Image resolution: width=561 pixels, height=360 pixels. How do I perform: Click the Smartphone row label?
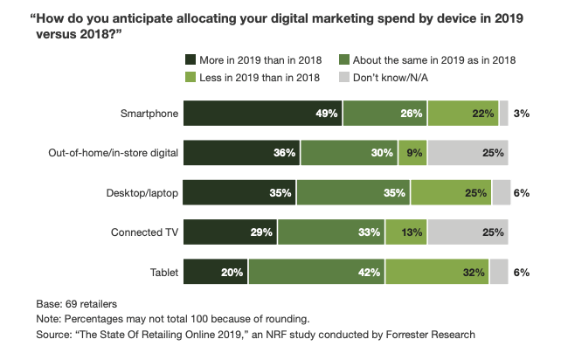pos(149,114)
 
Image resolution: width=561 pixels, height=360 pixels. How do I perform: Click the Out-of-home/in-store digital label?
pos(114,153)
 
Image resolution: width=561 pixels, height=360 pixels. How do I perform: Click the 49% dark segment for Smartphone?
pos(262,114)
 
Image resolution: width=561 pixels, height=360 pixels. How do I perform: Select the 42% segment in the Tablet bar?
pos(315,273)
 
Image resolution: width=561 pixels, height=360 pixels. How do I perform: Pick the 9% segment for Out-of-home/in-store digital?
pos(413,153)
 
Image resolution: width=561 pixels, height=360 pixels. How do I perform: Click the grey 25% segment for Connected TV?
pos(468,233)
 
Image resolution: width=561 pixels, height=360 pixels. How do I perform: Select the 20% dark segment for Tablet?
pos(215,273)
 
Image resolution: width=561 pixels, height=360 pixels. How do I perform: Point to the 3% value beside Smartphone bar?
pos(523,114)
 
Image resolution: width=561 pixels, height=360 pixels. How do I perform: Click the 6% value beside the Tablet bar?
pos(523,273)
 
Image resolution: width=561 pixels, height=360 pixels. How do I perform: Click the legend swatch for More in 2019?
pos(190,59)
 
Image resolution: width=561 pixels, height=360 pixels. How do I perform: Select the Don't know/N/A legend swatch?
pos(344,78)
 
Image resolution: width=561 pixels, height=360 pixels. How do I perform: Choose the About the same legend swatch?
pos(344,59)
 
